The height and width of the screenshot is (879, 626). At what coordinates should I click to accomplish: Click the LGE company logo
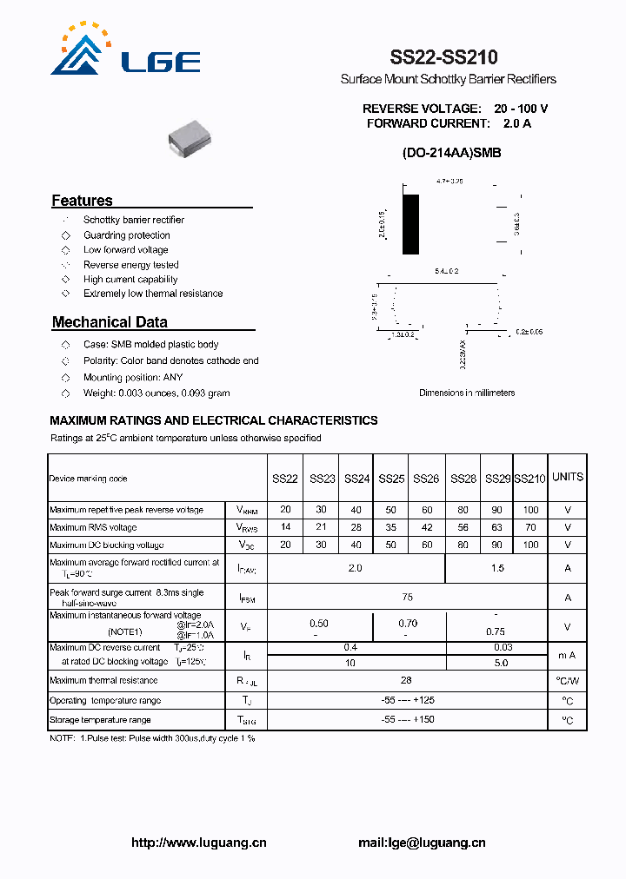125,52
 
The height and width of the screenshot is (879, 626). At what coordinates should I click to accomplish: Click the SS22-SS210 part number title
443,58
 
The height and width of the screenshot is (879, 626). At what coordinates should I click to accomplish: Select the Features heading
82,201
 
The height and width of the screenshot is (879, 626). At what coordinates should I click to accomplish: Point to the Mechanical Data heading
110,322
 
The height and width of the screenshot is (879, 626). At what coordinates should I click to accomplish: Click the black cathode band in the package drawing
410,224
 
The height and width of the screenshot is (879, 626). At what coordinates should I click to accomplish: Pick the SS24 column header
356,479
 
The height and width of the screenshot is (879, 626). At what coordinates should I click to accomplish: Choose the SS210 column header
529,479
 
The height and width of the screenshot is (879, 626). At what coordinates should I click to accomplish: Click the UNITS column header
568,477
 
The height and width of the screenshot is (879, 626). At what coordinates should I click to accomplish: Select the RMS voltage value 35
391,527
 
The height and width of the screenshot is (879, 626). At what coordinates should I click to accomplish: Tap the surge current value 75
407,597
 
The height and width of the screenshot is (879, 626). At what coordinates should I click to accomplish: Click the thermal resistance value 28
406,680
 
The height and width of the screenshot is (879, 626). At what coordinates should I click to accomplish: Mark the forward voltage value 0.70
408,623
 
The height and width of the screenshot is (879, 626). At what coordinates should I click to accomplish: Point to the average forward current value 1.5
496,567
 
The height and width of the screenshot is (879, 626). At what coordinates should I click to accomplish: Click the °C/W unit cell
568,681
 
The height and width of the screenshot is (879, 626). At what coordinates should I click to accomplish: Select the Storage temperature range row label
100,719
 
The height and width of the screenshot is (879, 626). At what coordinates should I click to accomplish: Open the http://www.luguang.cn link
198,843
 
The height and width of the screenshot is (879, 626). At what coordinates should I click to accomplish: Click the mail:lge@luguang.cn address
422,843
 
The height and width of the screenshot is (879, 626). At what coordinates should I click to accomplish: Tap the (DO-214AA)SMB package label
451,153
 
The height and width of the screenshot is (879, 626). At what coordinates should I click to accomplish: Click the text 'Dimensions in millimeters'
467,393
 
